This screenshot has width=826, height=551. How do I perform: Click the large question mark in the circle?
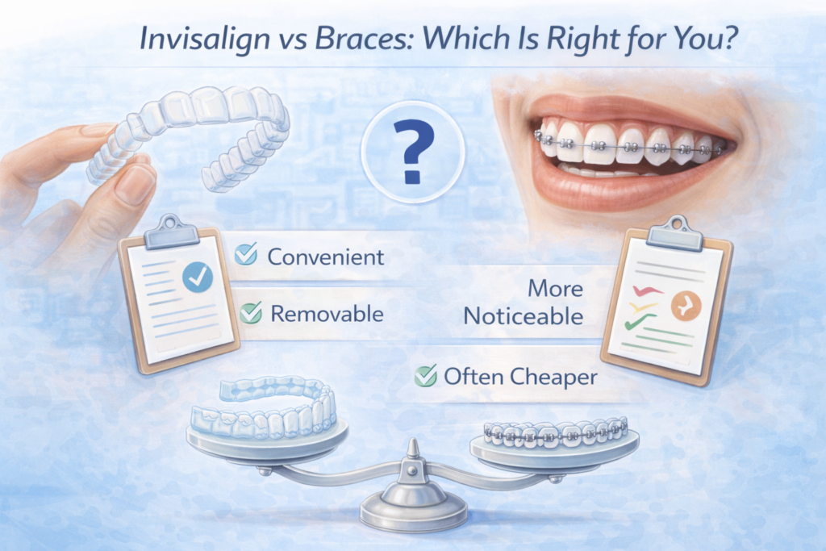pyautogui.click(x=412, y=149)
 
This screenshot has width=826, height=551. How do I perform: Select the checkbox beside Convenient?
pyautogui.click(x=245, y=256)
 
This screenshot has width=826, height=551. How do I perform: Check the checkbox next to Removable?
pyautogui.click(x=250, y=313)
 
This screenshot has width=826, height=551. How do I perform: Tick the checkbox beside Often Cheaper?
pyautogui.click(x=424, y=375)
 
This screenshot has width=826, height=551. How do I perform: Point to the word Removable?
pyautogui.click(x=327, y=313)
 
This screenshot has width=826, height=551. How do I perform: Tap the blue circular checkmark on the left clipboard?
pyautogui.click(x=197, y=278)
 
